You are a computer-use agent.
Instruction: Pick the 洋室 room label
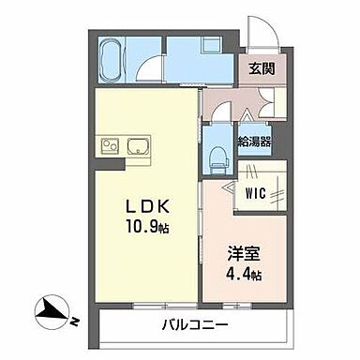click(242, 252)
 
